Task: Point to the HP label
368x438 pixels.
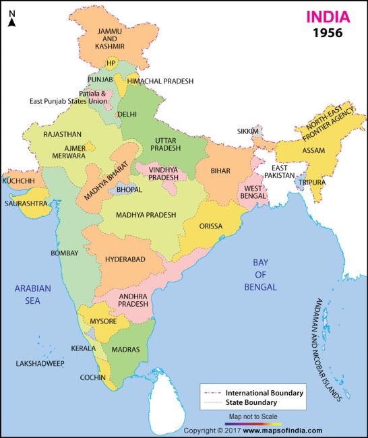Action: click(111, 64)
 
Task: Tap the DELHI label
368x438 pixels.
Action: click(126, 115)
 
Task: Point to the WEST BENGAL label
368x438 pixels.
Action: click(253, 193)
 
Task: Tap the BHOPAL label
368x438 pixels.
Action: click(129, 190)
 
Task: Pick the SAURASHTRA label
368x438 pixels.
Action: click(26, 202)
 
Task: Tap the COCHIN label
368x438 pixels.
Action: click(92, 377)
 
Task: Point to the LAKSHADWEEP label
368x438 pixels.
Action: click(40, 363)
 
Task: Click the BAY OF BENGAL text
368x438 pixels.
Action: click(266, 274)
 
